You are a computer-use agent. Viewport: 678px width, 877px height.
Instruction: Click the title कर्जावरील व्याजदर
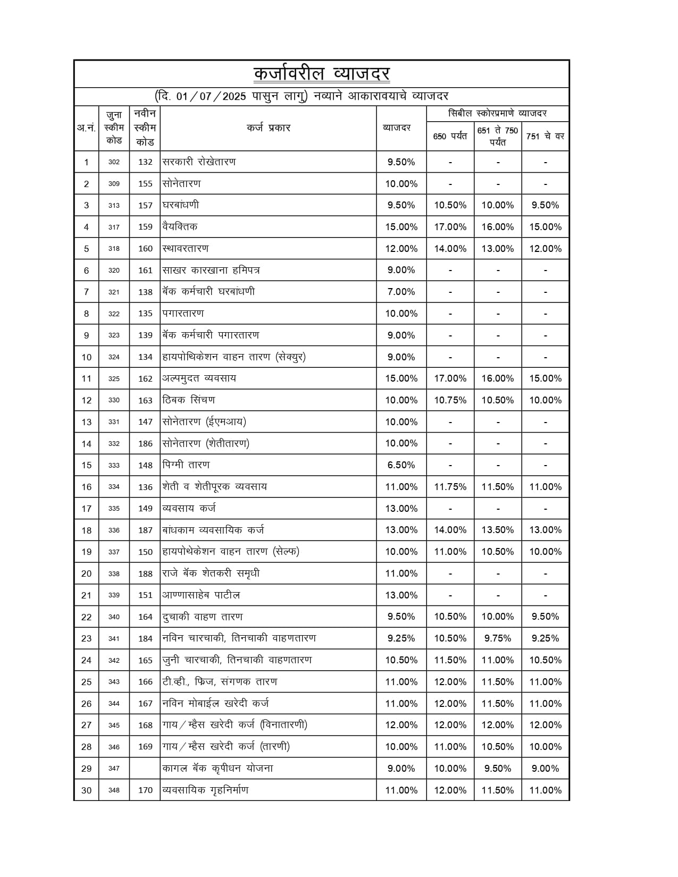(322, 74)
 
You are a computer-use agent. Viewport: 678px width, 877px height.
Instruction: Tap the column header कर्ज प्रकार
(269, 128)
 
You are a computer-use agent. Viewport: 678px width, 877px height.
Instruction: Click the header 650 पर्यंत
(450, 137)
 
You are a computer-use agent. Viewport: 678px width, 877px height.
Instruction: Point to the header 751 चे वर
(545, 137)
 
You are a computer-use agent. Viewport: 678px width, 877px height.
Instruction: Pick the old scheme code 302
(114, 162)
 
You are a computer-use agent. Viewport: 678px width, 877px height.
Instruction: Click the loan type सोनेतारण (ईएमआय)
(204, 422)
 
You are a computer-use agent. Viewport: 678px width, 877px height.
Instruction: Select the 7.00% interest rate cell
(401, 292)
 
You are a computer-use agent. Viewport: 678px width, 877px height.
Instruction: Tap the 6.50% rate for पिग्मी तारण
(401, 465)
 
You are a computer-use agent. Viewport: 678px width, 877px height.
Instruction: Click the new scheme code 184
(145, 638)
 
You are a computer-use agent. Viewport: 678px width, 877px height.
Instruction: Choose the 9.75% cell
(498, 638)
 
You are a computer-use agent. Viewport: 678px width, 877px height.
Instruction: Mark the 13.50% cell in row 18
(498, 530)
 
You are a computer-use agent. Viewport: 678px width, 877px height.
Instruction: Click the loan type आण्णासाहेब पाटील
(201, 595)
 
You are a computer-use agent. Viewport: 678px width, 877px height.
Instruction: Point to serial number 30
(86, 790)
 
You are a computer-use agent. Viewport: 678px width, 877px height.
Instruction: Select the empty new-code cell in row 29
(145, 769)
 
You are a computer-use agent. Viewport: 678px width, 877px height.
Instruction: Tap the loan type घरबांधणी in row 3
(181, 205)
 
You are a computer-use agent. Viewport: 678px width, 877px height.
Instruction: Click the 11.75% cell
(450, 487)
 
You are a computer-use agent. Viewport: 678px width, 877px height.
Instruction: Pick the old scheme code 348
(114, 790)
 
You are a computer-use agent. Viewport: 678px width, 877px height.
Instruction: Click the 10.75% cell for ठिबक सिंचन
(450, 400)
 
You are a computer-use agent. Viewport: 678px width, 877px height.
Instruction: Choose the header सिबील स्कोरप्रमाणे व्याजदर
(497, 113)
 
